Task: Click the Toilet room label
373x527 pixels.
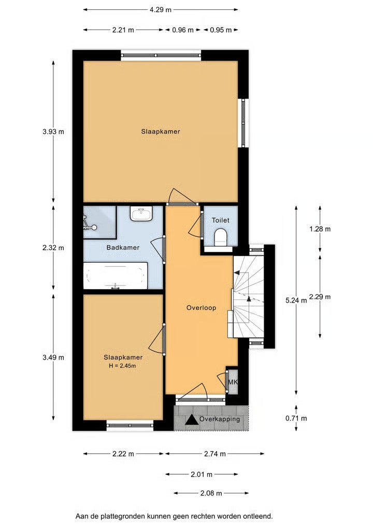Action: coord(221,220)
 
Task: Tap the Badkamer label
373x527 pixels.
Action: coord(123,248)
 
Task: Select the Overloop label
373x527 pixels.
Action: coord(202,307)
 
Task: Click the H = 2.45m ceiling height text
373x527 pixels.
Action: coord(122,366)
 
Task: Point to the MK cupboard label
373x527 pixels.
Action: coord(233,382)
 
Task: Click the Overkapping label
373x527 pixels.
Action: coord(220,419)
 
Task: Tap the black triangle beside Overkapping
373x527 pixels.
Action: coord(192,419)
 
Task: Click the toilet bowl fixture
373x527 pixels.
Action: coord(221,236)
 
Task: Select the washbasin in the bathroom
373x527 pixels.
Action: coord(141,213)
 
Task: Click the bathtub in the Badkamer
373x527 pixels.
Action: coord(116,276)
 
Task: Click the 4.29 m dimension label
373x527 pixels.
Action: coord(161,10)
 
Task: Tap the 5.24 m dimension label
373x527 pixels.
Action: coord(296,301)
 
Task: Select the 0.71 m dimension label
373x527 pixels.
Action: coord(296,419)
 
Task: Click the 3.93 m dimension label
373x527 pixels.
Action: coord(53,132)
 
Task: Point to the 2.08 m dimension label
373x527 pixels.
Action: coord(211,493)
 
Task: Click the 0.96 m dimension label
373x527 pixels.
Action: coord(183,30)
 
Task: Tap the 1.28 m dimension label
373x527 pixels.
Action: coord(320,229)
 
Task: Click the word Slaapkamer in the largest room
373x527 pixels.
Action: coord(161,132)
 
